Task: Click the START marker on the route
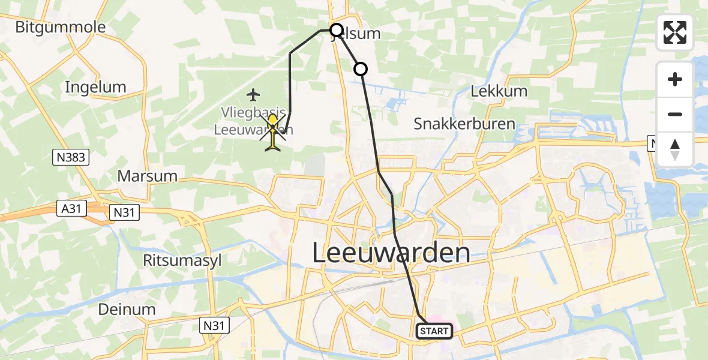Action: pos(434,331)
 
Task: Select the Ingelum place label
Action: pos(95,87)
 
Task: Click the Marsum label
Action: pos(148,176)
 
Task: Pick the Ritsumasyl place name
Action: pos(174,260)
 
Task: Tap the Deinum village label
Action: pos(128,310)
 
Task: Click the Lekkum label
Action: pos(499,91)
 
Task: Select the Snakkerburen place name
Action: pos(464,124)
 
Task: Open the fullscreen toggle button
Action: pos(675,32)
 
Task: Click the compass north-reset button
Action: pos(675,149)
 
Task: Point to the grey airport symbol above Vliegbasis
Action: pos(254,95)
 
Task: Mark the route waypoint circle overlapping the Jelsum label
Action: pos(337,30)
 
